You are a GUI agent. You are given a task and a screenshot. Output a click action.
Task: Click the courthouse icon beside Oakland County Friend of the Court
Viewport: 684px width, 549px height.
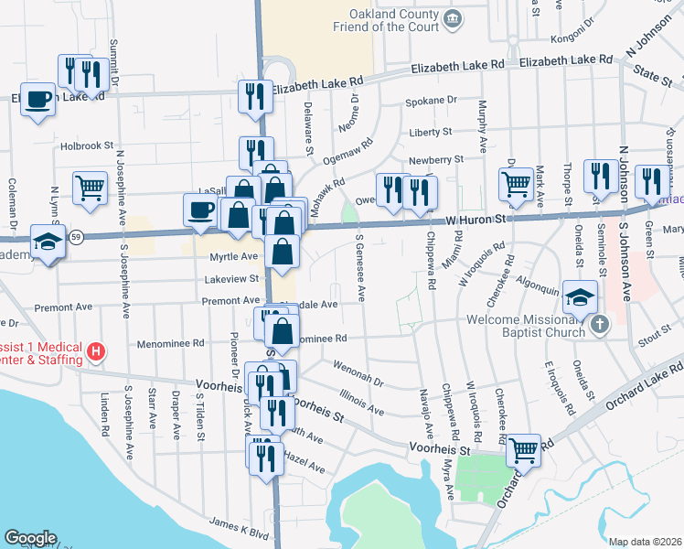tap(452, 18)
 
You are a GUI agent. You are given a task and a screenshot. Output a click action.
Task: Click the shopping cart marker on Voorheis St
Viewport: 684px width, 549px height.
tap(523, 449)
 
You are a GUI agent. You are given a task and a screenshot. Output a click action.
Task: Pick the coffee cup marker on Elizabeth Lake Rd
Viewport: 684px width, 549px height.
tap(37, 99)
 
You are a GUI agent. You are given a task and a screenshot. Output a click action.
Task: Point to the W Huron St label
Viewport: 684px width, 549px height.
tap(476, 220)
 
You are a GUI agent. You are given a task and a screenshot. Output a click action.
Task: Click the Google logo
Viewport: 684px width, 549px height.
tap(30, 538)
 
